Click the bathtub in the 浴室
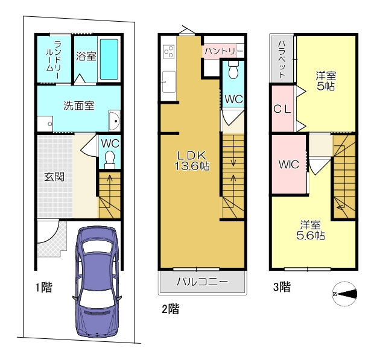(109, 59)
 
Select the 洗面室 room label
(79, 106)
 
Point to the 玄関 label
(54, 177)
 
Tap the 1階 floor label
(44, 288)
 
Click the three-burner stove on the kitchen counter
(169, 51)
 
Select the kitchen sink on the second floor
(169, 82)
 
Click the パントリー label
(224, 51)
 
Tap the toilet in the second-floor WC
(233, 69)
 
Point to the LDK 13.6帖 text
(192, 161)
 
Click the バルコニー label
(202, 282)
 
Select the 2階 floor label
(171, 309)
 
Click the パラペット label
(282, 59)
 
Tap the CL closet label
(282, 109)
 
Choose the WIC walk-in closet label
(289, 164)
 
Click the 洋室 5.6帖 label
(310, 230)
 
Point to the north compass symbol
(345, 294)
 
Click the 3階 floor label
(282, 287)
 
